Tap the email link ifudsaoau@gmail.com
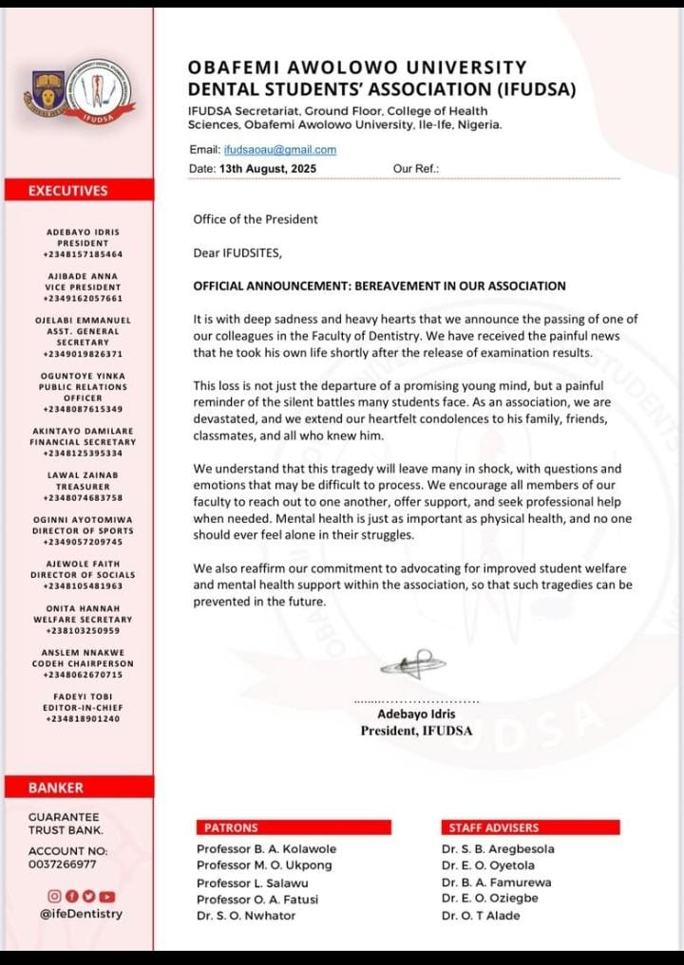tap(279, 150)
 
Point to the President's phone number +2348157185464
tap(83, 255)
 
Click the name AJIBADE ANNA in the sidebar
tap(83, 275)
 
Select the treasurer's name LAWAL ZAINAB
tap(83, 473)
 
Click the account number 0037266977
tap(62, 864)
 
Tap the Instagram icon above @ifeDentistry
tap(54, 896)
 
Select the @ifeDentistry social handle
tap(81, 914)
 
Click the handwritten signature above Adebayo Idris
tap(407, 663)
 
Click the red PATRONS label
tap(225, 827)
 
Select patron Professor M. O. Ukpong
tap(258, 865)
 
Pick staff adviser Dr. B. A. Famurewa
tap(496, 882)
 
